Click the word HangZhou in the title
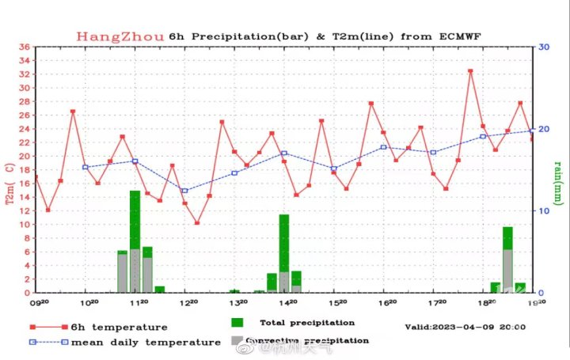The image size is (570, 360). pyautogui.click(x=120, y=36)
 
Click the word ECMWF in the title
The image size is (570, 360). pyautogui.click(x=458, y=36)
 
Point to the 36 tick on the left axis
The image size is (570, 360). pyautogui.click(x=25, y=47)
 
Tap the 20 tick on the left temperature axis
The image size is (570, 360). pyautogui.click(x=25, y=157)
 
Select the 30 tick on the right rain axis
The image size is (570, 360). pyautogui.click(x=544, y=47)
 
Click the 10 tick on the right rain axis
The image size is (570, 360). pyautogui.click(x=544, y=211)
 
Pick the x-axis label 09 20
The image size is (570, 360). pyautogui.click(x=40, y=303)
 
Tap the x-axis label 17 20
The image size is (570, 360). pyautogui.click(x=436, y=303)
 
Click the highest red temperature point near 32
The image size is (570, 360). pyautogui.click(x=470, y=71)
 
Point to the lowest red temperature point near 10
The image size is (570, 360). pyautogui.click(x=197, y=223)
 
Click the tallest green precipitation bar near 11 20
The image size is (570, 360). pyautogui.click(x=135, y=241)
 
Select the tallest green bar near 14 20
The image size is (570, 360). pyautogui.click(x=283, y=253)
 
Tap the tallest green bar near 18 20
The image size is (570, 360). pyautogui.click(x=507, y=260)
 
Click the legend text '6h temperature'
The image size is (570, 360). pyautogui.click(x=119, y=327)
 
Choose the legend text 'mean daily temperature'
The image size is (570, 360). pyautogui.click(x=146, y=342)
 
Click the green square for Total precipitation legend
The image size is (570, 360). pyautogui.click(x=237, y=323)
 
